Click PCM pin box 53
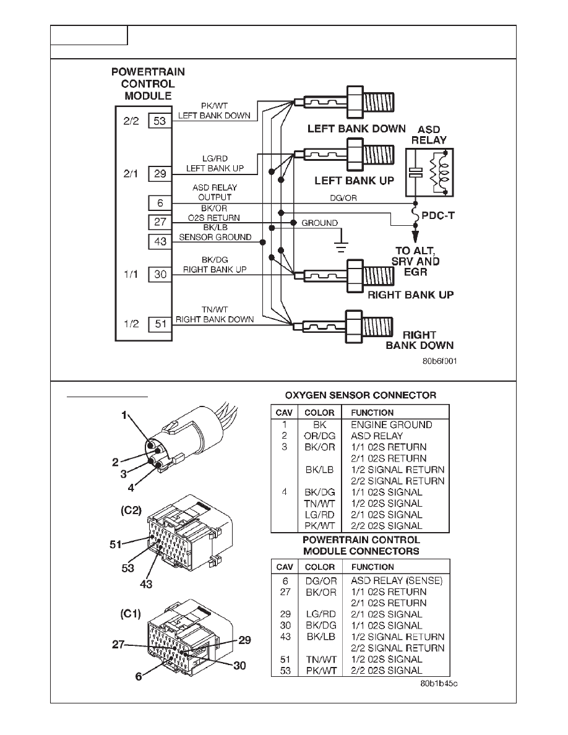pyautogui.click(x=160, y=121)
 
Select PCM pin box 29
pyautogui.click(x=160, y=174)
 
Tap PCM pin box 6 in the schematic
pyautogui.click(x=160, y=203)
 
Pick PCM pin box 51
pyautogui.click(x=160, y=324)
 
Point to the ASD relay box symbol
pyautogui.click(x=429, y=173)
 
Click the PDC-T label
pyautogui.click(x=438, y=216)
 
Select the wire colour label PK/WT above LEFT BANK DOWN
pyautogui.click(x=214, y=106)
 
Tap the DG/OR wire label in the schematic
pyautogui.click(x=343, y=198)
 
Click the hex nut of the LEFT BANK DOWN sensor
pyautogui.click(x=355, y=102)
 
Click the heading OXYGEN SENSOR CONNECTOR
pyautogui.click(x=360, y=395)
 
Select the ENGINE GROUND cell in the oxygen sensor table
pyautogui.click(x=391, y=425)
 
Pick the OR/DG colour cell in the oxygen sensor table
pyautogui.click(x=320, y=436)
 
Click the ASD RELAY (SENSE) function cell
pyautogui.click(x=397, y=581)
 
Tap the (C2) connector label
pyautogui.click(x=131, y=510)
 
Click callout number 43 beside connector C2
pyautogui.click(x=146, y=584)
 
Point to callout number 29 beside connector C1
pyautogui.click(x=244, y=640)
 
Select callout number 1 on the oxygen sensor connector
pyautogui.click(x=124, y=415)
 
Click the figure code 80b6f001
pyautogui.click(x=439, y=361)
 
